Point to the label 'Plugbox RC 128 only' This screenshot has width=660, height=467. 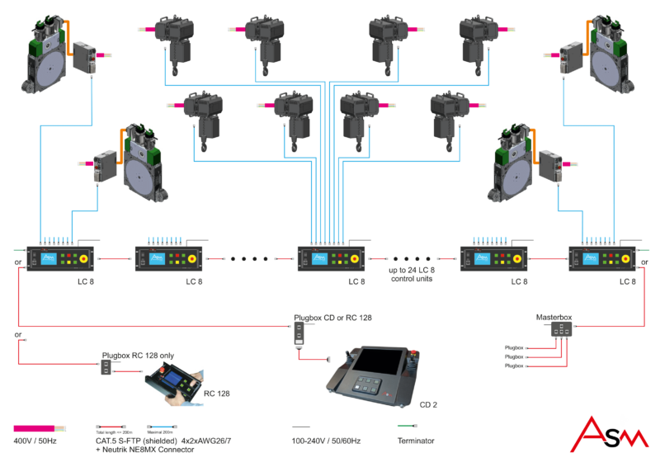coord(138,356)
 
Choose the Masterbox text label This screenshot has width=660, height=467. coord(554,316)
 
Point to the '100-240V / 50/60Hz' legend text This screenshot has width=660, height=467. coord(328,441)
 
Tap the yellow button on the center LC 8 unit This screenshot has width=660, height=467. coord(356,258)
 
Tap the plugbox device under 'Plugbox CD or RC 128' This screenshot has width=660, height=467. coord(298,335)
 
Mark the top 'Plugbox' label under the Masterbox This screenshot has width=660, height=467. coord(514,348)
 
